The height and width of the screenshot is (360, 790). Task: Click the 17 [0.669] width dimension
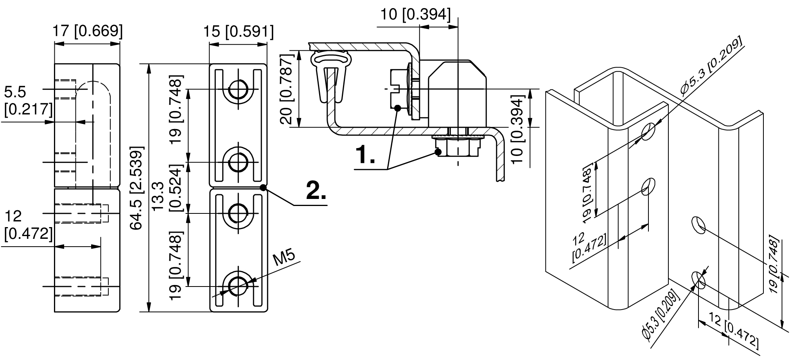pyautogui.click(x=88, y=31)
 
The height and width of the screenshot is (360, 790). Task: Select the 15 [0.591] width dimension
pyautogui.click(x=238, y=31)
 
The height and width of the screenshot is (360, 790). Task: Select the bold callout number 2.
pyautogui.click(x=316, y=191)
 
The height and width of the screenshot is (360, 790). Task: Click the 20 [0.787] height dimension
pyautogui.click(x=287, y=89)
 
